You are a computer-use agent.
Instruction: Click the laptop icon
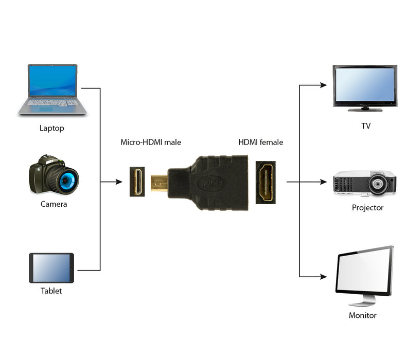click(x=52, y=90)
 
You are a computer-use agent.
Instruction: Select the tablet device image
click(x=51, y=267)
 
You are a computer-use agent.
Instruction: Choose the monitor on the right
click(x=364, y=275)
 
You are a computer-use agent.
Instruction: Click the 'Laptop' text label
click(x=52, y=128)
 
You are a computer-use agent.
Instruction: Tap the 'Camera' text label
click(x=54, y=204)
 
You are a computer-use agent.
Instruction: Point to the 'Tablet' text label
click(x=51, y=291)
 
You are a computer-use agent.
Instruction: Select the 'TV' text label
click(x=366, y=126)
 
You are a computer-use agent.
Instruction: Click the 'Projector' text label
click(x=367, y=208)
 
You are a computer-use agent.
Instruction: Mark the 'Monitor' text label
click(x=362, y=315)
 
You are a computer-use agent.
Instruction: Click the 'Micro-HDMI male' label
click(x=151, y=142)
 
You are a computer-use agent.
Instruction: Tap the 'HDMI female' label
click(x=260, y=142)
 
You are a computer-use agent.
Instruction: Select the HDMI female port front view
click(x=266, y=183)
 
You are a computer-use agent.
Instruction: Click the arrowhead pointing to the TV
click(x=323, y=85)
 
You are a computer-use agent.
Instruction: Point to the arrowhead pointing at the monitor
click(x=323, y=277)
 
